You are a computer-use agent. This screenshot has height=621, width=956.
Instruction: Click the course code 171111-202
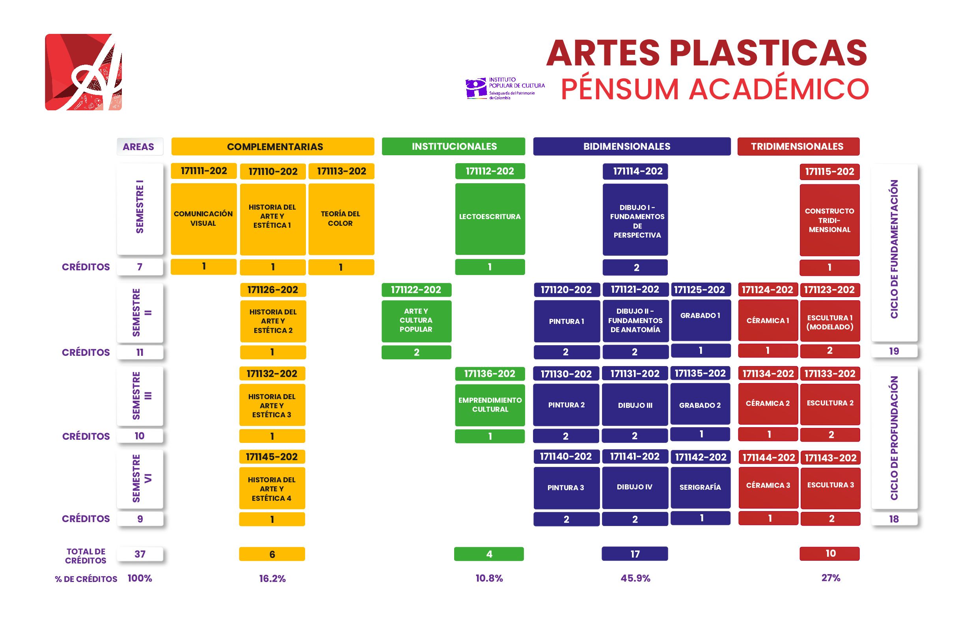pos(204,171)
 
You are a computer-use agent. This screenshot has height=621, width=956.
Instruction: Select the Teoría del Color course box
pos(341,219)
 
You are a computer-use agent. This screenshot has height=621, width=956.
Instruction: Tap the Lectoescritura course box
pos(490,219)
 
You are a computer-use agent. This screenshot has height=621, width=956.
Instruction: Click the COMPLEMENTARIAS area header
pos(273,147)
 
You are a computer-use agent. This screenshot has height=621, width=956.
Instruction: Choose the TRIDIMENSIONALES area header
pos(798,147)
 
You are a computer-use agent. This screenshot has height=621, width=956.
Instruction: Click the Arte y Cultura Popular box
pos(416,321)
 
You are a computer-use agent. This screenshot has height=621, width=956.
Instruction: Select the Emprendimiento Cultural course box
pos(490,405)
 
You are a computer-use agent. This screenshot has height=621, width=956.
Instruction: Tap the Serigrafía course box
pos(701,487)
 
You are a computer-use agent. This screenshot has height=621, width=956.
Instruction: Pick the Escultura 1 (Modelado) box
pos(830,321)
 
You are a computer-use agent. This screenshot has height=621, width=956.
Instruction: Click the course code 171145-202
pos(272,457)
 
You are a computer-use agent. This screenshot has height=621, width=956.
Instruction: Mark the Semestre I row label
pos(140,209)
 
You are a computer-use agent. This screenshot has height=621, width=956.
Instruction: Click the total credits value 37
pos(140,554)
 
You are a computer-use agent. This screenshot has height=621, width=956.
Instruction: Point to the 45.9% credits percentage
pos(635,578)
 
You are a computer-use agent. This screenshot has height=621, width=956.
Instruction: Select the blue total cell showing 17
pos(635,554)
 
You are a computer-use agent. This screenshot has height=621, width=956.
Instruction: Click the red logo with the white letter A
pos(84,72)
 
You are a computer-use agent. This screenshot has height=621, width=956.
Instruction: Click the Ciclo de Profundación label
pos(894,437)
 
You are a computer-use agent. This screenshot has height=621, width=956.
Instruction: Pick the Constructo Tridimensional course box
pos(829,220)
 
